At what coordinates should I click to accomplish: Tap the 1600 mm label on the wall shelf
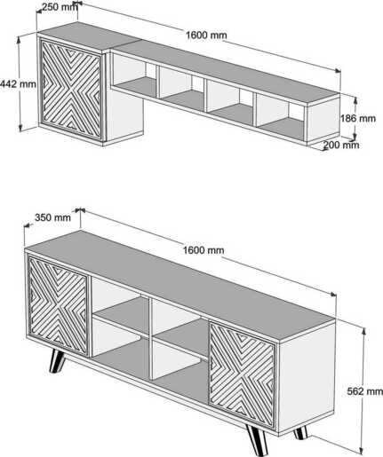(x=206, y=35)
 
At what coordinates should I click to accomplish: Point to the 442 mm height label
(x=19, y=85)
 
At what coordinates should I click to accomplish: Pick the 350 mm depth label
(x=52, y=217)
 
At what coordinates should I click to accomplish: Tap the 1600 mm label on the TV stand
(x=204, y=250)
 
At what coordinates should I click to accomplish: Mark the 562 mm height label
(x=364, y=390)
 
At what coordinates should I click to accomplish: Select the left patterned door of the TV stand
(x=58, y=306)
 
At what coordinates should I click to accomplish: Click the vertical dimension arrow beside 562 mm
(x=365, y=355)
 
